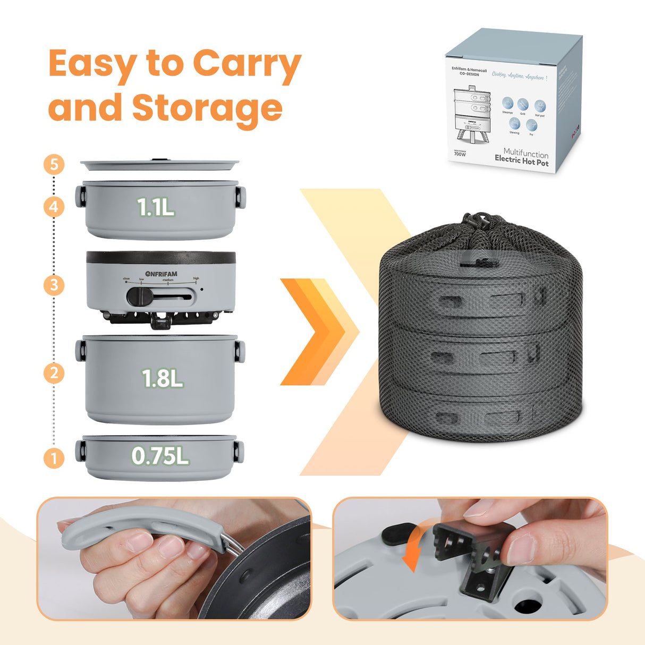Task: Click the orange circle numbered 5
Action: pos(54,164)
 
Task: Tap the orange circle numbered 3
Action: pos(54,285)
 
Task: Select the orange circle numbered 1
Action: pos(54,457)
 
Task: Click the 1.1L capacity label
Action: pos(156,208)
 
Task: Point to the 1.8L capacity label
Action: pos(162,379)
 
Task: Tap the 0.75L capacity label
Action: pos(160,456)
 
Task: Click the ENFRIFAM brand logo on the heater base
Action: pos(161,274)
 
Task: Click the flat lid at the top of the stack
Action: pos(159,165)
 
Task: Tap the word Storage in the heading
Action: pos(207,108)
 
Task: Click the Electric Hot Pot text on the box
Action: pos(521,162)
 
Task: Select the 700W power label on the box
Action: pos(460,154)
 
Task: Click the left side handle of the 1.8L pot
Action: pos(81,351)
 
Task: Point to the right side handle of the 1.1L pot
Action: pos(241,197)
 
